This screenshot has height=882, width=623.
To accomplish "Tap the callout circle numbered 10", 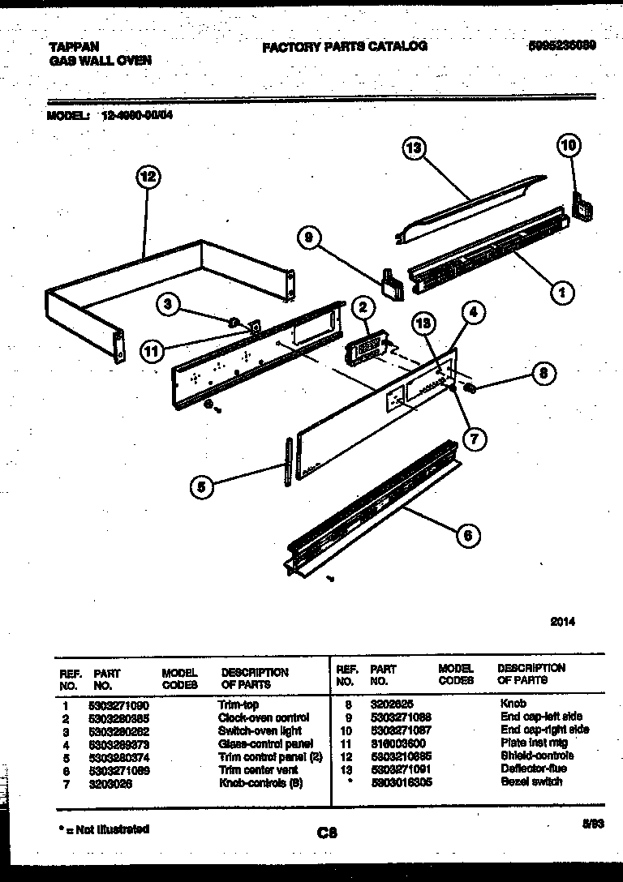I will pyautogui.click(x=569, y=146).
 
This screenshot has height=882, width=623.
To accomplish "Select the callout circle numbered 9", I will pyautogui.click(x=309, y=238).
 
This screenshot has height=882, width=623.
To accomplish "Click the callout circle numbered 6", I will pyautogui.click(x=468, y=534).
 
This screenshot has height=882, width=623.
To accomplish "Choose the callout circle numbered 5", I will pyautogui.click(x=202, y=486).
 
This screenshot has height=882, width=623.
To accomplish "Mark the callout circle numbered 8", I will pyautogui.click(x=544, y=374).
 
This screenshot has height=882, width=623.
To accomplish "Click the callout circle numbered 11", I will pyautogui.click(x=150, y=351).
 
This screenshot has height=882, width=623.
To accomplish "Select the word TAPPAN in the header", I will pyautogui.click(x=73, y=47).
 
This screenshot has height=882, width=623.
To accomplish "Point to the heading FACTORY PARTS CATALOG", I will pyautogui.click(x=344, y=46).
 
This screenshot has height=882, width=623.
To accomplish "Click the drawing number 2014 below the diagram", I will pyautogui.click(x=562, y=622).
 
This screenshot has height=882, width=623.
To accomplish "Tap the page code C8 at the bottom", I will pyautogui.click(x=328, y=833).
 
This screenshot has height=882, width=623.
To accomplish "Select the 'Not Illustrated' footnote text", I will pyautogui.click(x=104, y=828).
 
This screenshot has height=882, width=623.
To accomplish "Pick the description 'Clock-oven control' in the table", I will pyautogui.click(x=264, y=718).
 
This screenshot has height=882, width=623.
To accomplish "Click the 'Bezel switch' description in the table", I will pyautogui.click(x=531, y=781).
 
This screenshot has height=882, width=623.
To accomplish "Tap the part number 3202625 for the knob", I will pyautogui.click(x=392, y=704).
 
